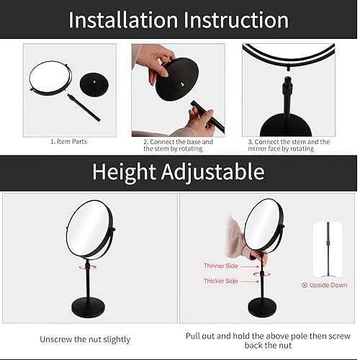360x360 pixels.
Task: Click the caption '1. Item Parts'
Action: pos(68,142)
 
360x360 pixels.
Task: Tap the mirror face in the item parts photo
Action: pos(50,78)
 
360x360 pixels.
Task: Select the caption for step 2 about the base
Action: pos(178,146)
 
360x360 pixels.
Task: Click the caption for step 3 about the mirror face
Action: pos(288,146)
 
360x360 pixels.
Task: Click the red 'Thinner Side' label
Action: pos(220,266)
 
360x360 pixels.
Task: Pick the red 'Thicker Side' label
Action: pos(220,282)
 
